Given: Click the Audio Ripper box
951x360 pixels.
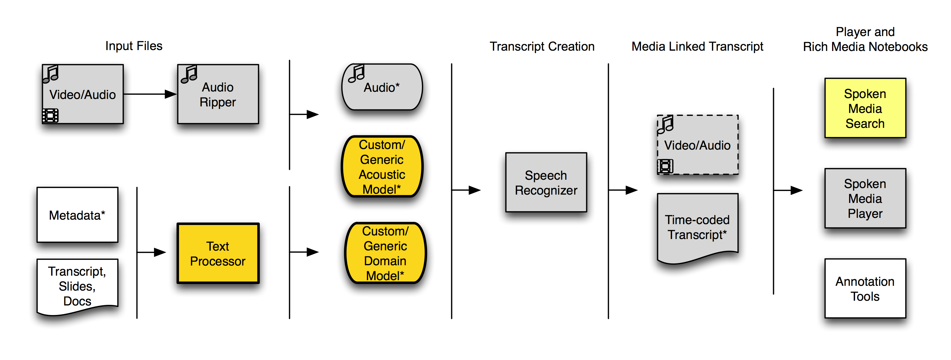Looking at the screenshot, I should tap(218, 94).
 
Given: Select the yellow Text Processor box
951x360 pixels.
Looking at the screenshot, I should tap(218, 253).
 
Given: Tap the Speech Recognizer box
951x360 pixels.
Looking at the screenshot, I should tap(546, 182).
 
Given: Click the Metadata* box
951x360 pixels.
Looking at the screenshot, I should tap(77, 215).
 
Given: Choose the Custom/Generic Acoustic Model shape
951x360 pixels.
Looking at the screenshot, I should tap(382, 167).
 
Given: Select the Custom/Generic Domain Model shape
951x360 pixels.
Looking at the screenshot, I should tap(385, 253).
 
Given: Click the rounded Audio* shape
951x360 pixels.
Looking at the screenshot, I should tap(382, 87).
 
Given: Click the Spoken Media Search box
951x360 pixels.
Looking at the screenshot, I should tap(865, 108).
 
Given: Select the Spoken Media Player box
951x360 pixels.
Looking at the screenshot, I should tap(865, 198).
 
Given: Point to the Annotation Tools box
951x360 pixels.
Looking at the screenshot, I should tap(865, 289).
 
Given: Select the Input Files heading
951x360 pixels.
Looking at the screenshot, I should tap(134, 46).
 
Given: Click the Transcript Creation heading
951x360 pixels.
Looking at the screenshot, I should tap(542, 46).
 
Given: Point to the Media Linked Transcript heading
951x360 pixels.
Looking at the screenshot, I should tap(697, 46).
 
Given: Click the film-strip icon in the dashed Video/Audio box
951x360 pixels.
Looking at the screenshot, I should tap(665, 166).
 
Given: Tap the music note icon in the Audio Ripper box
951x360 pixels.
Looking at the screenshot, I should tap(189, 74).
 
